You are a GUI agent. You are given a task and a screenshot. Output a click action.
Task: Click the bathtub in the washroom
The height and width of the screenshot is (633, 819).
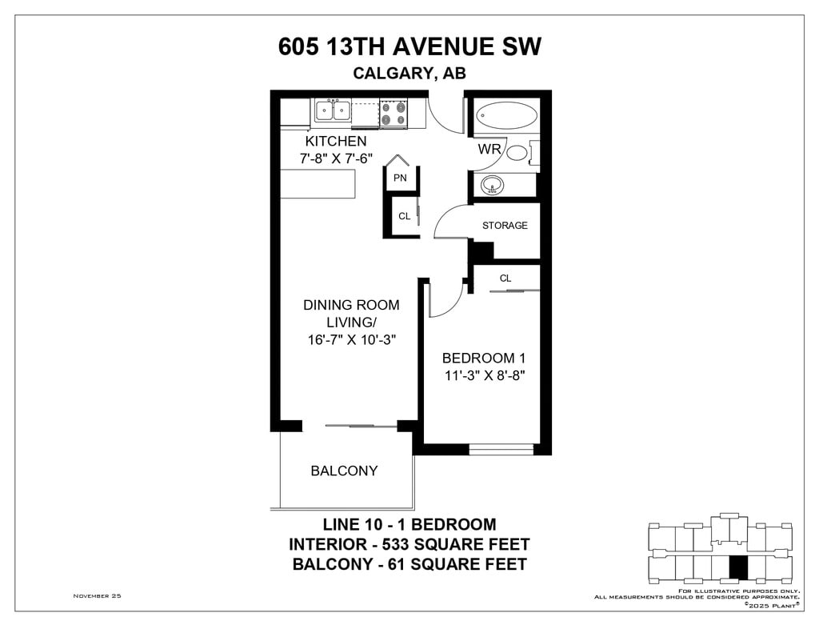(506, 114)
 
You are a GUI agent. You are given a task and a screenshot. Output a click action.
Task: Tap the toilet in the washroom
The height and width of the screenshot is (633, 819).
(521, 153)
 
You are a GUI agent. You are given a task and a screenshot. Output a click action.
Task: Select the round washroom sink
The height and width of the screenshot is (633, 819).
(492, 185)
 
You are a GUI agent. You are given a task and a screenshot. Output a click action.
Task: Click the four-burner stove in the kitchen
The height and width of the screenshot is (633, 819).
(394, 114)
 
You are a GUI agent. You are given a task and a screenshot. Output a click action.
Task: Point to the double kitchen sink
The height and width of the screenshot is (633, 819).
(333, 110)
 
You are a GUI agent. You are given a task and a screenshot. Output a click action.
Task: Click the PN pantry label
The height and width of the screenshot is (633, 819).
(400, 178)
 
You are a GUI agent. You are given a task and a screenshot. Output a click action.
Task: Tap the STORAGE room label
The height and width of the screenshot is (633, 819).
(505, 226)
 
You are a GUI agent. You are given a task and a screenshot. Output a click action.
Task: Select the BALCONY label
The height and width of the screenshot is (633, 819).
(344, 471)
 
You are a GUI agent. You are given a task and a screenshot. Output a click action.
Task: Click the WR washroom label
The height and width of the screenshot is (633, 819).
(489, 149)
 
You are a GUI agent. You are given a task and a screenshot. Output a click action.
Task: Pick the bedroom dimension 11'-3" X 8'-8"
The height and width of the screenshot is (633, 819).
(484, 375)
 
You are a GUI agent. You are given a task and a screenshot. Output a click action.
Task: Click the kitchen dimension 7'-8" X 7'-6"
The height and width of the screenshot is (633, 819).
(337, 158)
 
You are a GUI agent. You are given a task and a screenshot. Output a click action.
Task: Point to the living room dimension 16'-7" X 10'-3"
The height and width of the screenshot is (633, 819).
(352, 340)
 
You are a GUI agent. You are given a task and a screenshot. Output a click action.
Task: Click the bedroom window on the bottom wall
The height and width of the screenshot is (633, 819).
(501, 449)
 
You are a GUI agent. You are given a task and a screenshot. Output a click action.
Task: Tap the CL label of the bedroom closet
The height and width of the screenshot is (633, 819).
(505, 278)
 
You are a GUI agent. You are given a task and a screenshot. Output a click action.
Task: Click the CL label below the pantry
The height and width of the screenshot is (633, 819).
(404, 216)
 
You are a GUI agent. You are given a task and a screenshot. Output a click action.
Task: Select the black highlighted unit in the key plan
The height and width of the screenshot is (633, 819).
(738, 567)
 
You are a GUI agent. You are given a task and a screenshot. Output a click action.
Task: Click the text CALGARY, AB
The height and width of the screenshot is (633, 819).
(409, 73)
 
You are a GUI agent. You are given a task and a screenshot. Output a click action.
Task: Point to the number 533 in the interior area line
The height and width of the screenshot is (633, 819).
(397, 544)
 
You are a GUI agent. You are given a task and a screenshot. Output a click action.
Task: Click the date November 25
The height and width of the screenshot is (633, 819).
(97, 596)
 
